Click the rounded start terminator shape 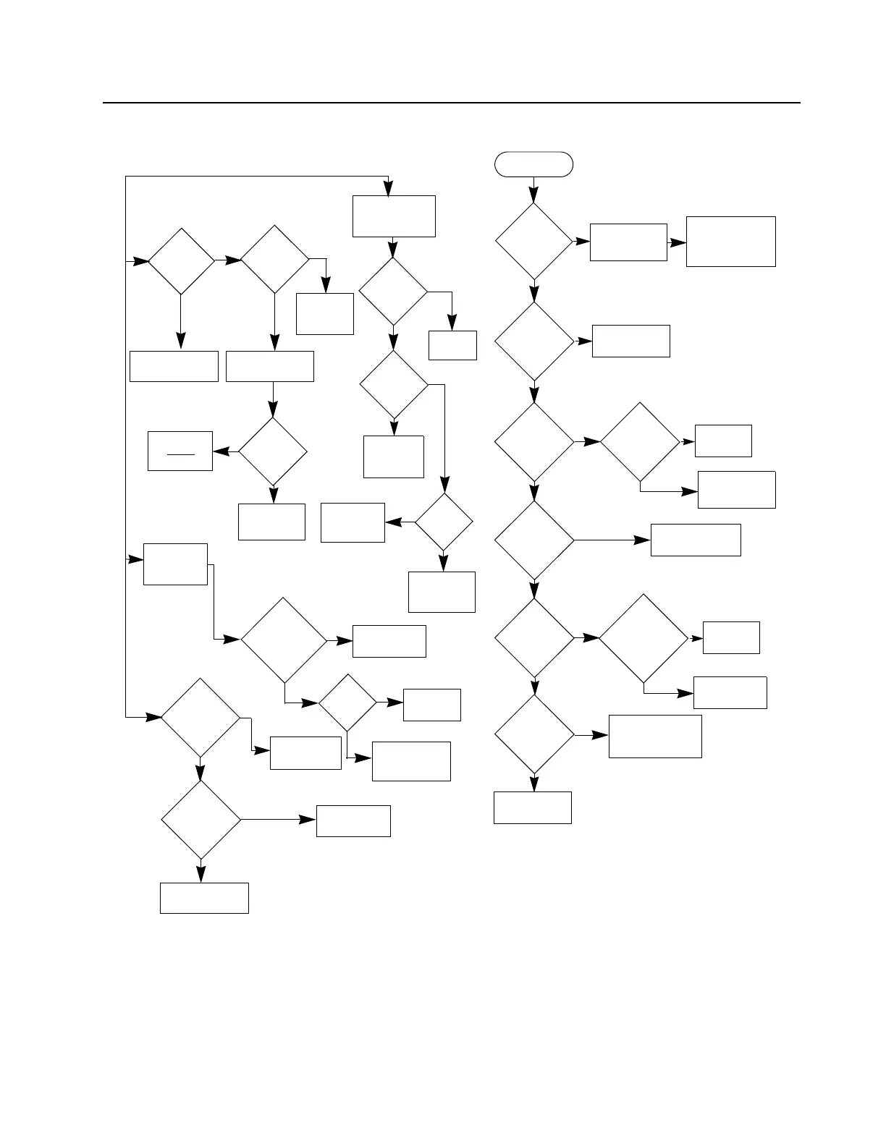(x=533, y=164)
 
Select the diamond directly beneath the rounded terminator (x=533, y=241)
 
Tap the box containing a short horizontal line (x=180, y=451)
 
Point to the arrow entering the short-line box (x=224, y=451)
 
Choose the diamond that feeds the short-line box (x=273, y=451)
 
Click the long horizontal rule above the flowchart (x=452, y=103)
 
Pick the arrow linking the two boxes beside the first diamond (x=676, y=242)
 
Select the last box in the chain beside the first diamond (x=730, y=242)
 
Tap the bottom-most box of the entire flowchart (x=204, y=898)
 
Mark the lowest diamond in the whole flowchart (x=201, y=820)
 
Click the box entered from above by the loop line (x=394, y=216)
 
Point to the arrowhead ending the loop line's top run (x=389, y=189)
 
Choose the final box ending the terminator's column (x=533, y=807)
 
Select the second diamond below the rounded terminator (x=533, y=341)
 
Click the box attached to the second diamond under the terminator (x=630, y=341)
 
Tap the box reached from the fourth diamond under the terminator (x=696, y=540)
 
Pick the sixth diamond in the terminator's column (x=533, y=735)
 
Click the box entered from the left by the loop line (x=175, y=564)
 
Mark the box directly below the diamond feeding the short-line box (x=271, y=522)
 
